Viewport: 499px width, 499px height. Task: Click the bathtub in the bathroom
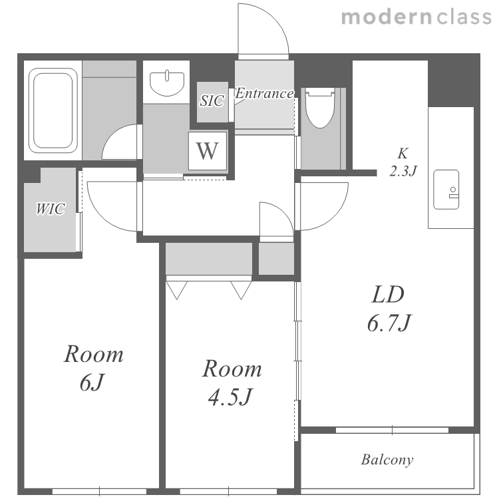53,110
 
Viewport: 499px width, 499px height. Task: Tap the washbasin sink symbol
167,83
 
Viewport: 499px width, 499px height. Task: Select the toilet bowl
320,108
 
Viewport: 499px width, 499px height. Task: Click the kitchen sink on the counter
446,190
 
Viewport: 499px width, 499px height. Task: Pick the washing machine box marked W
208,151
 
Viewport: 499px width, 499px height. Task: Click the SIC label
212,100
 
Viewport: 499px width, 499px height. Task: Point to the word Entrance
264,93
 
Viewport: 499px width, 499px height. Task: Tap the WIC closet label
51,209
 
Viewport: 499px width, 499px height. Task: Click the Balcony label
387,460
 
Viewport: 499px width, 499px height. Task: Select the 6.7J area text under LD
389,323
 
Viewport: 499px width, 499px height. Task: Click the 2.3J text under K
403,171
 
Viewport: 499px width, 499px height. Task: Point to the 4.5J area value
230,397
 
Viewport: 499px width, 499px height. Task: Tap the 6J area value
92,382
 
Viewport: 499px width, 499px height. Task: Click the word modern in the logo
387,17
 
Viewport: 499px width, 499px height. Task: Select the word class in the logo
464,17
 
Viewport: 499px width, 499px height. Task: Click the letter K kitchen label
403,154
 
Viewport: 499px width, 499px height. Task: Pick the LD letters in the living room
388,295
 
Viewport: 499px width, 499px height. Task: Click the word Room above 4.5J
232,369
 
